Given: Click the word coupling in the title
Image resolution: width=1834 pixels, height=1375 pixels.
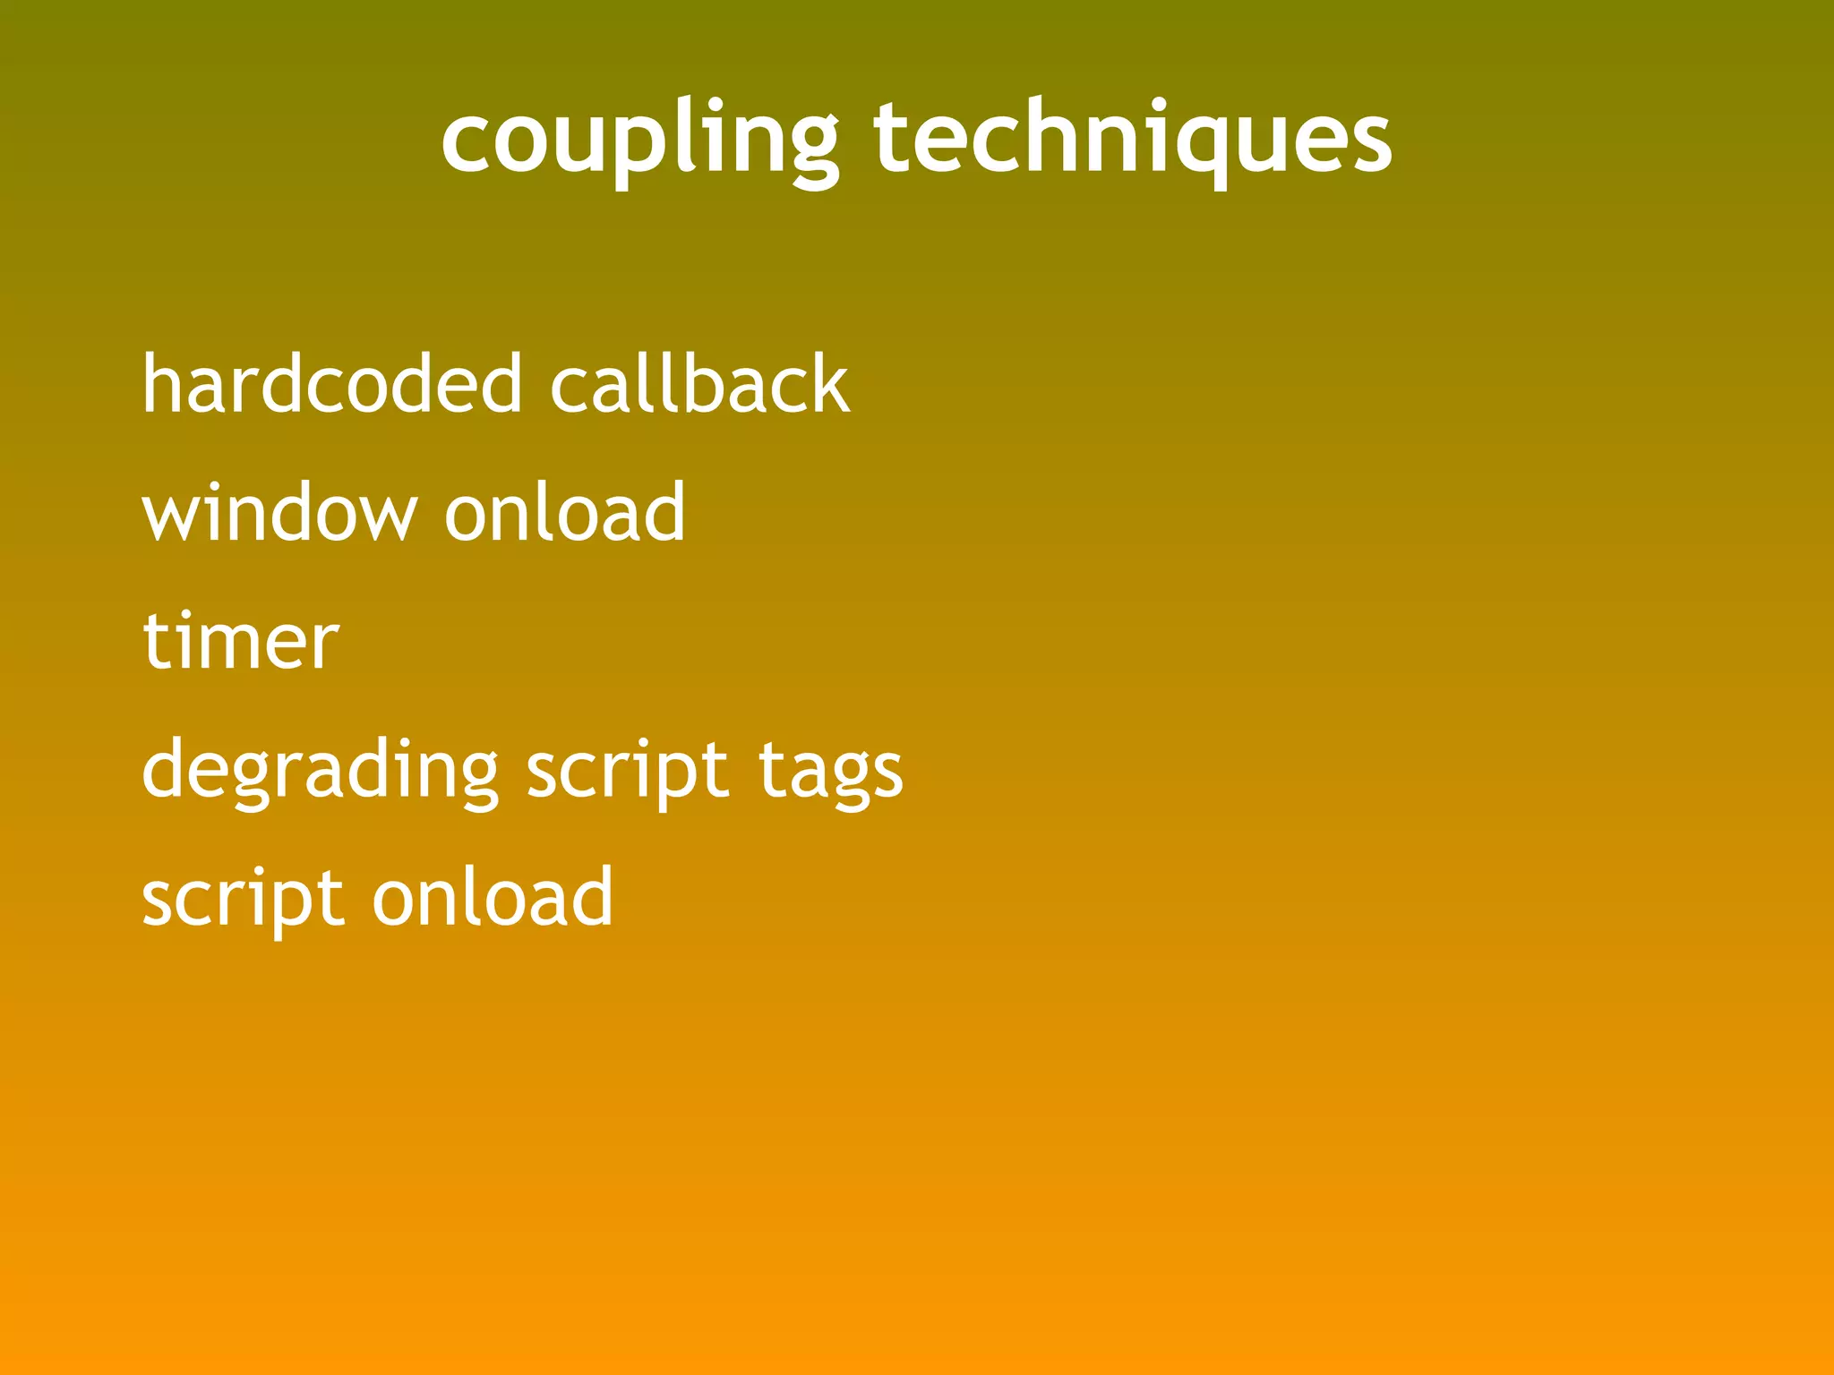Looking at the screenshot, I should pyautogui.click(x=639, y=140).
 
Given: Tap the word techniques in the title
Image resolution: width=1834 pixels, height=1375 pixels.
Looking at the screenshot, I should pyautogui.click(x=1132, y=140).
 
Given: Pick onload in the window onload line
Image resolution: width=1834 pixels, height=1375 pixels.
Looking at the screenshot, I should pyautogui.click(x=565, y=513).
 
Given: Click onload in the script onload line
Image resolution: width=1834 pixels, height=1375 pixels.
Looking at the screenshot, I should pyautogui.click(x=493, y=898).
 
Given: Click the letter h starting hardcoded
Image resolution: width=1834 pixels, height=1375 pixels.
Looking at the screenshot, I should pyautogui.click(x=162, y=383).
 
